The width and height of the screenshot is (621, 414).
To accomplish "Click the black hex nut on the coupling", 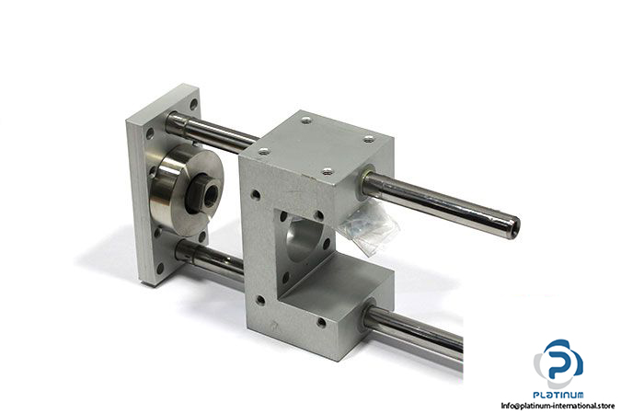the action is [x=205, y=191].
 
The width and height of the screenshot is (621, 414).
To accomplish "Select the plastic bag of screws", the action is [x=369, y=226].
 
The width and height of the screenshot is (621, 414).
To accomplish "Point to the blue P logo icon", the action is [x=558, y=362].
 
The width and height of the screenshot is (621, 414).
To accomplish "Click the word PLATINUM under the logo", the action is [x=558, y=395].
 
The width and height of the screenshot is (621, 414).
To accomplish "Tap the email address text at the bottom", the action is [x=558, y=406].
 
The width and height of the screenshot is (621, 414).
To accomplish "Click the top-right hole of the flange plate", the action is [x=193, y=104].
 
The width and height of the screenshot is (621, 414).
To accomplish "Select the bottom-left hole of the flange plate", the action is [x=160, y=269].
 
